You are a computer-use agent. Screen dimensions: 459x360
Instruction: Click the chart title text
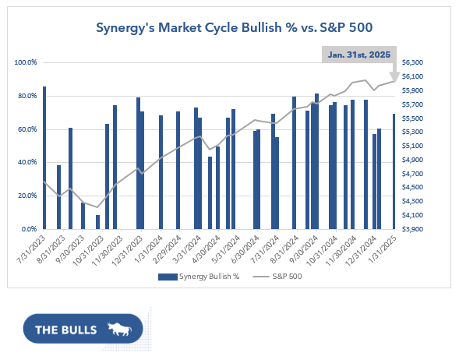pos(235,28)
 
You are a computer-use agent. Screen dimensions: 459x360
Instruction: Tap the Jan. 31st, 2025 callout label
pos(359,55)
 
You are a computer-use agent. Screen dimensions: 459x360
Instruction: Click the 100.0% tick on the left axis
pos(26,62)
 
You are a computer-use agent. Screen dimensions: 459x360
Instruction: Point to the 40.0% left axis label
pos(27,162)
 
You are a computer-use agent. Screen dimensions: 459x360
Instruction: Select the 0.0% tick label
pos(30,229)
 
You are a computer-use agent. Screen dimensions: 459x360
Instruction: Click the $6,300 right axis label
pos(412,62)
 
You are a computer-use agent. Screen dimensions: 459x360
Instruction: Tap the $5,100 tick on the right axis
pos(412,146)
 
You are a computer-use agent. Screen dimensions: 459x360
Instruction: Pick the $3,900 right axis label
pos(412,229)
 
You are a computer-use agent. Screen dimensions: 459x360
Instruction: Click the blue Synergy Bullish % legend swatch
pos(168,277)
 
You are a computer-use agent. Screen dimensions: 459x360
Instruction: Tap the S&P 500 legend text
pos(287,277)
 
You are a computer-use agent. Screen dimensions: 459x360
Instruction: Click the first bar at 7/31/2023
pos(44,157)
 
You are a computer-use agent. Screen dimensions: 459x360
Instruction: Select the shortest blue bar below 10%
pos(97,222)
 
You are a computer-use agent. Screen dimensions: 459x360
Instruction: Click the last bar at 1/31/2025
pos(394,171)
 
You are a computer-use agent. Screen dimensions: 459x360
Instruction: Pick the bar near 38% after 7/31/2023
pos(59,197)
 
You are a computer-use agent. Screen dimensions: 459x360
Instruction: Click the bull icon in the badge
pos(119,329)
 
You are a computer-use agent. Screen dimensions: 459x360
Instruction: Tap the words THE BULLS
pos(66,330)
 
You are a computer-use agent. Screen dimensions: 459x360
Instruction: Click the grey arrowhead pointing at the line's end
pos(394,77)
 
